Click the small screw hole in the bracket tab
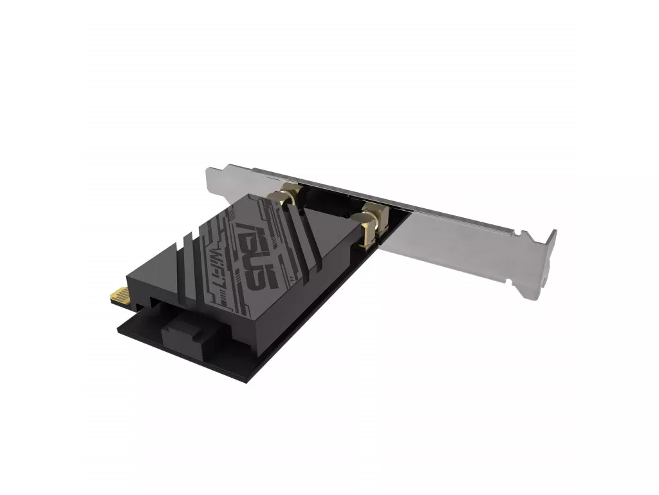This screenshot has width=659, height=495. tap(544, 278)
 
